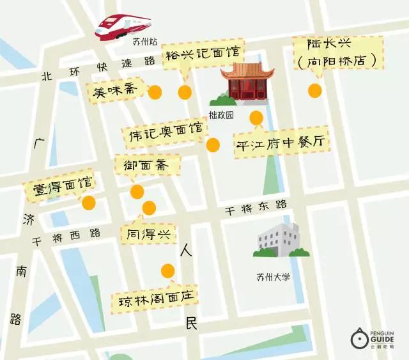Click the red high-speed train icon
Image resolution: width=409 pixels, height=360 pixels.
(123, 25)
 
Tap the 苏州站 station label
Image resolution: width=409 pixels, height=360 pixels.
(144, 43)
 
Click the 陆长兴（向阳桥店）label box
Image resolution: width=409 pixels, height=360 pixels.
(339, 52)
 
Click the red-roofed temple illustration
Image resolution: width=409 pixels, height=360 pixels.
(247, 82)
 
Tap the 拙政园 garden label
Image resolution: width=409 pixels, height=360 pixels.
(221, 116)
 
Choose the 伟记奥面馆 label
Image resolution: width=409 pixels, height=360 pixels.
(165, 135)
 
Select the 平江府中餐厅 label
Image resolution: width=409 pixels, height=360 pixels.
(282, 145)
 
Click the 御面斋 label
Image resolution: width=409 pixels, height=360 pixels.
(148, 165)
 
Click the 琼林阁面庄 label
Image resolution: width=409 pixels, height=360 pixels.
(154, 299)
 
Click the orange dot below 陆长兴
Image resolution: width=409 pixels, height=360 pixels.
(314, 91)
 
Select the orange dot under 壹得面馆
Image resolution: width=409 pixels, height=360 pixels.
(89, 203)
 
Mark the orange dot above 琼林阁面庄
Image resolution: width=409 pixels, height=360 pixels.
(167, 270)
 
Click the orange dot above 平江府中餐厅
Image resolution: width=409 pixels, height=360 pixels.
(256, 117)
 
